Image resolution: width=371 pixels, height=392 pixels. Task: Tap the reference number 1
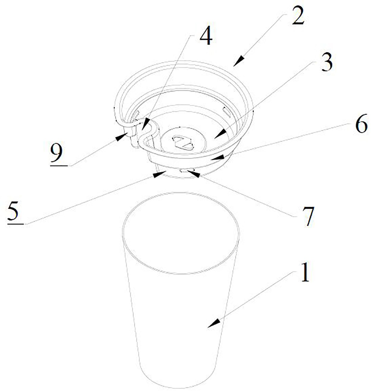(305, 272)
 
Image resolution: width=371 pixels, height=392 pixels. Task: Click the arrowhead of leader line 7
(193, 174)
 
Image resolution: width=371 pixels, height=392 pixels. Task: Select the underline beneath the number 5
(16, 224)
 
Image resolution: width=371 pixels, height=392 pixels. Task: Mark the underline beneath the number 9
(59, 165)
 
